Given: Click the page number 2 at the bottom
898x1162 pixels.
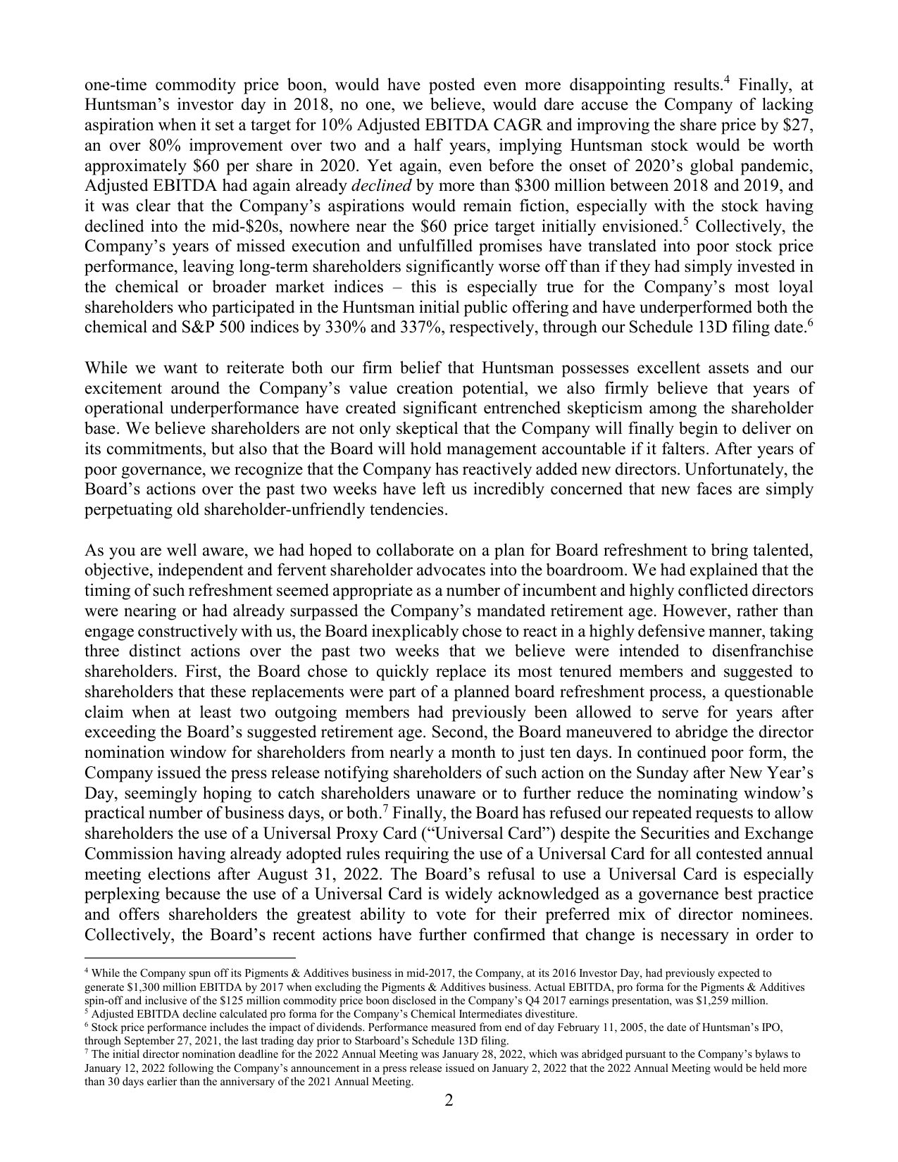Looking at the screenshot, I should pyautogui.click(x=449, y=1100).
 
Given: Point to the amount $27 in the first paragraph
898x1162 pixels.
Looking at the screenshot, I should pyautogui.click(x=799, y=125).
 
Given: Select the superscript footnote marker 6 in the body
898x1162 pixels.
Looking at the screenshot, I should pyautogui.click(x=811, y=323).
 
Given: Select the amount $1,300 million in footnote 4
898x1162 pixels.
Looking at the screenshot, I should pyautogui.click(x=143, y=987).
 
